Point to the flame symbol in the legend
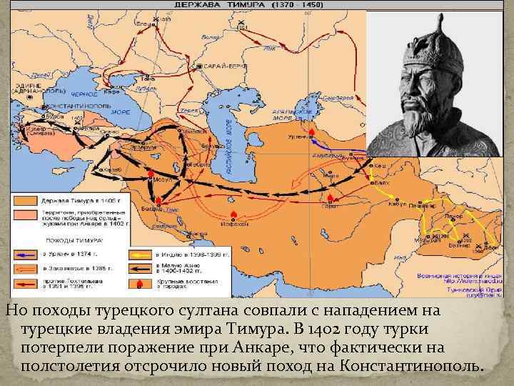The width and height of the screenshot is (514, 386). pos(137,284)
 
